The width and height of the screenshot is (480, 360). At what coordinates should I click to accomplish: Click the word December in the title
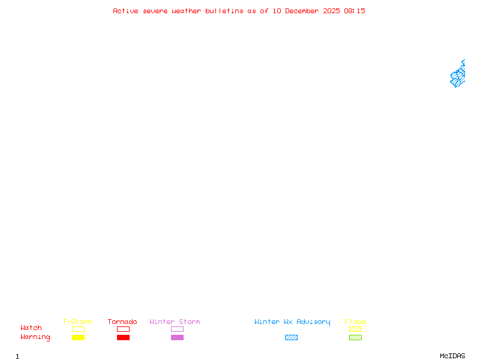click(302, 11)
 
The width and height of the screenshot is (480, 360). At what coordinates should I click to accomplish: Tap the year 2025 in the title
click(331, 11)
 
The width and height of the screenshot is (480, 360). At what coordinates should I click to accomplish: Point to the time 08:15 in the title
click(355, 11)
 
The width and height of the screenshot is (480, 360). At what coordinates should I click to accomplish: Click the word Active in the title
click(125, 11)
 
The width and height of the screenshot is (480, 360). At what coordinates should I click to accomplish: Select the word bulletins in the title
click(224, 11)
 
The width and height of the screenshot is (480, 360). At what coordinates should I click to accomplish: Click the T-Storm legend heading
click(77, 322)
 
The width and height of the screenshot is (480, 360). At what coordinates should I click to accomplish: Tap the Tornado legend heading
click(122, 322)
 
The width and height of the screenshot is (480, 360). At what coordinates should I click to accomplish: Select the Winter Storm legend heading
click(175, 322)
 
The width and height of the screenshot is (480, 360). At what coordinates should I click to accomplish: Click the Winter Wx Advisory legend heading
click(292, 322)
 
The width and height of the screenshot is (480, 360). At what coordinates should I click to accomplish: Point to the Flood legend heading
click(355, 322)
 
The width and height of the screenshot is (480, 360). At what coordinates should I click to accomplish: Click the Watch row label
click(31, 328)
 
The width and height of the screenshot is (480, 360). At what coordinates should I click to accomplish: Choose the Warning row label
click(35, 337)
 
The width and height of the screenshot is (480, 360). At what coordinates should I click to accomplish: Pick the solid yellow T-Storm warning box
click(79, 337)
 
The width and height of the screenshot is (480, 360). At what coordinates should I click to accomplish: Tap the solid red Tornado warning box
click(124, 337)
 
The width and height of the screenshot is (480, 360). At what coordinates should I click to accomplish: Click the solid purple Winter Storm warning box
click(177, 337)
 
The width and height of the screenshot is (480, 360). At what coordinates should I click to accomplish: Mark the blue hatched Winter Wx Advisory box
click(291, 337)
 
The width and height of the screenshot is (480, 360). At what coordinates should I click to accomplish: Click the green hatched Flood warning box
click(355, 337)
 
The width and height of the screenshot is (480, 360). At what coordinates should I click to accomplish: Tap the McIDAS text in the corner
click(452, 356)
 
